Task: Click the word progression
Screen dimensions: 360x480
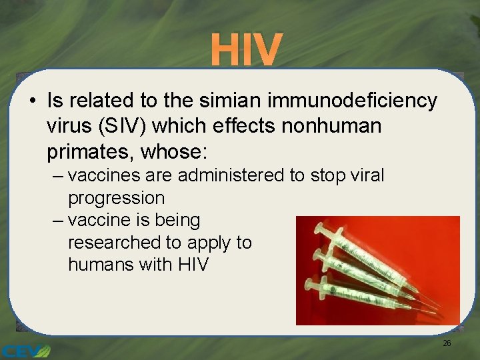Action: (116, 198)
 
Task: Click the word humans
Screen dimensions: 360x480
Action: (101, 264)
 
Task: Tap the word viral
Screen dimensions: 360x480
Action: (367, 176)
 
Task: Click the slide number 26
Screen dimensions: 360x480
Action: (447, 343)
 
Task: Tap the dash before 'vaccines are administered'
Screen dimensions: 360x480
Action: (57, 177)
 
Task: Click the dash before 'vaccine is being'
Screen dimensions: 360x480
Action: (57, 221)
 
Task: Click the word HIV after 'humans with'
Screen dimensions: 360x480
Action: (193, 264)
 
